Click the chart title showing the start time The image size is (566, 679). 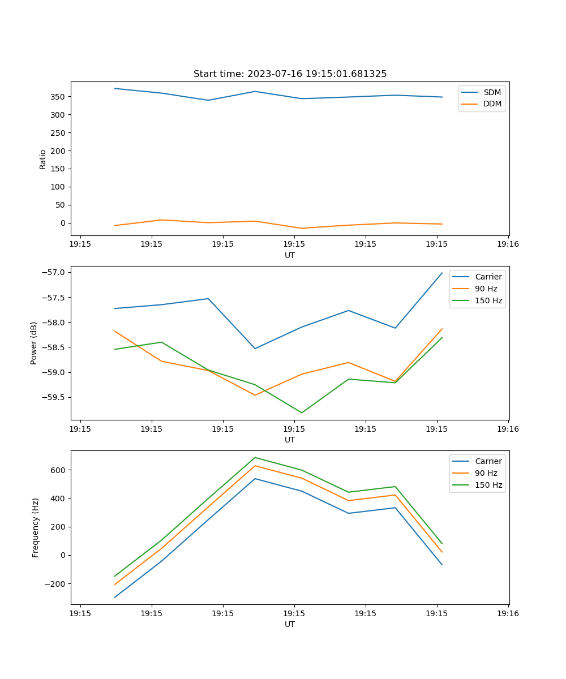coord(290,74)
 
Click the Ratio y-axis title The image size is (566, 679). coord(43,159)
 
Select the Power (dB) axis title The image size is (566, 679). coord(34,343)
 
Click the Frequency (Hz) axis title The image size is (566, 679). coord(35,527)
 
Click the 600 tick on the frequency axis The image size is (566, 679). coord(58,470)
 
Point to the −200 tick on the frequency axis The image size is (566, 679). coord(56,584)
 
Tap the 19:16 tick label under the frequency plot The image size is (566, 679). coord(508,613)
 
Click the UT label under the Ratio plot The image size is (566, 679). coord(290,255)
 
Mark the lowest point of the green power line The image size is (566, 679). coord(302,412)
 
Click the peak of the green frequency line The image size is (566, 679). coord(255,457)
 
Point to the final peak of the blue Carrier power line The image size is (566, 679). coord(442,273)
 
